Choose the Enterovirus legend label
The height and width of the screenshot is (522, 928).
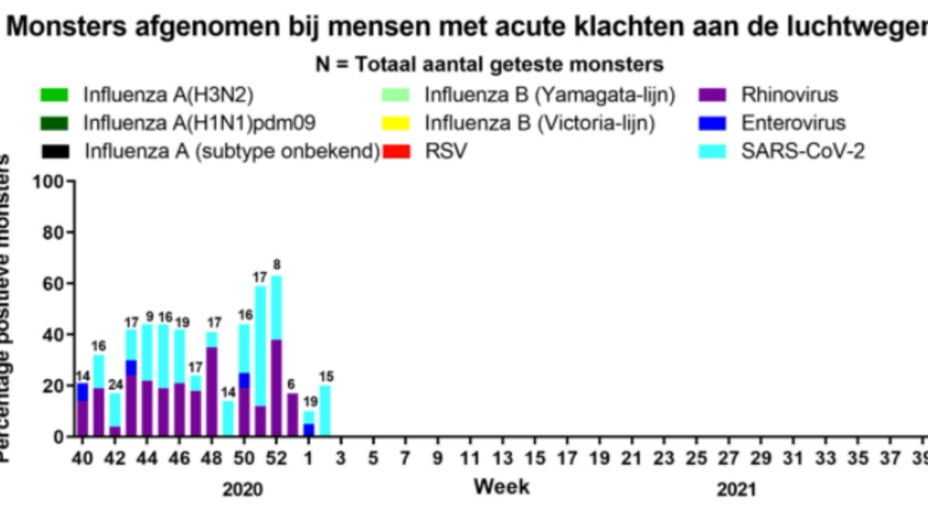[x=793, y=122]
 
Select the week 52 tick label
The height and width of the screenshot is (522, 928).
[x=276, y=459]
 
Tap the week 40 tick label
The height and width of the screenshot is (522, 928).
[x=82, y=459]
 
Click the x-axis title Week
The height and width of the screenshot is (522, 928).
[x=501, y=488]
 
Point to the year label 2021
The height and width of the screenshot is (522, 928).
[x=736, y=490]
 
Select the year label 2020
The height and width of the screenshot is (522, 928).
[x=244, y=490]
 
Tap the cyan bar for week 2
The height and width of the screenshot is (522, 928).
[x=325, y=411]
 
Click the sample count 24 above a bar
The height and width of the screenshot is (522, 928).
[x=115, y=383]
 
